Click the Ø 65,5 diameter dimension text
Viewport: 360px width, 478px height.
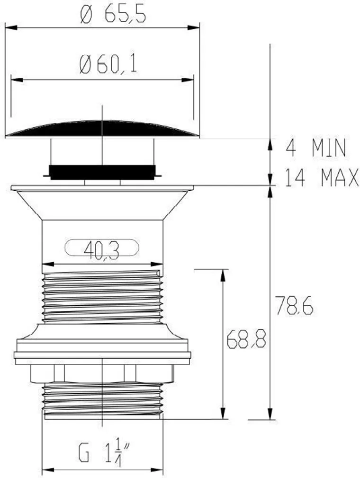coord(113,14)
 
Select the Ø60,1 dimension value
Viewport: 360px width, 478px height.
coord(108,64)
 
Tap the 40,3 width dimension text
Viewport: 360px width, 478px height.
coord(101,250)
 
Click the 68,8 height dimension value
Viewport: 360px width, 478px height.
coord(246,338)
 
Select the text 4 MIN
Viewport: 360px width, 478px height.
coord(316,148)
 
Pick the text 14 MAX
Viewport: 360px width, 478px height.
coord(322,177)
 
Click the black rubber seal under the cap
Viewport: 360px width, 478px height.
coord(102,172)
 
